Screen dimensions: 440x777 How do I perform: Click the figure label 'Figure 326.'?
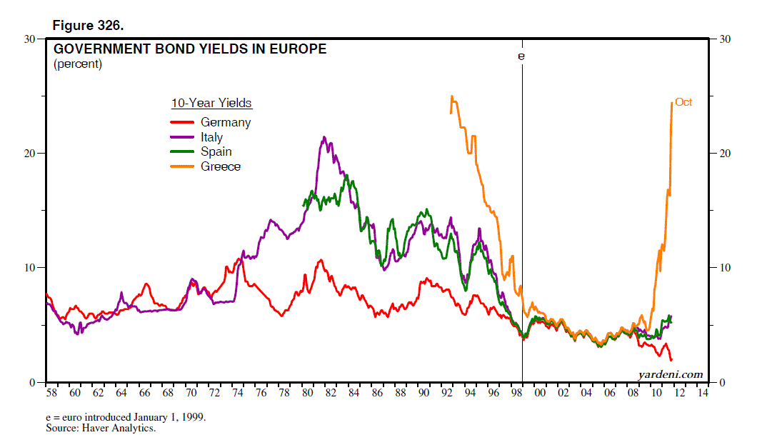[x=89, y=26]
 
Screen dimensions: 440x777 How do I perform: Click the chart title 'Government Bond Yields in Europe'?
[x=190, y=49]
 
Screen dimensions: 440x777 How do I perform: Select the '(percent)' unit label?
[x=78, y=64]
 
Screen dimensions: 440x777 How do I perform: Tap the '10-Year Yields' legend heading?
[x=211, y=104]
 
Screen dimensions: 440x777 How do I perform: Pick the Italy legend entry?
[x=211, y=137]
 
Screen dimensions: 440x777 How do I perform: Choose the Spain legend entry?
[x=216, y=151]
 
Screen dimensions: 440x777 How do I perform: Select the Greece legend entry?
[x=220, y=166]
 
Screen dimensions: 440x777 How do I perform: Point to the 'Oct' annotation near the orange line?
[x=683, y=102]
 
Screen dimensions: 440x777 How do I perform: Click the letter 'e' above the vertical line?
[x=521, y=55]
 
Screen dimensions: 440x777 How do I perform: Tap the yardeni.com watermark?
[x=670, y=374]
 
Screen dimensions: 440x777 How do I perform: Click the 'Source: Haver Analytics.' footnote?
[x=101, y=429]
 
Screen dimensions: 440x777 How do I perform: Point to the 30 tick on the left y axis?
[x=31, y=39]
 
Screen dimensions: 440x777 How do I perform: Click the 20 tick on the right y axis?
[x=724, y=154]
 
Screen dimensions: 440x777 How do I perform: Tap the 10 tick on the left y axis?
[x=31, y=268]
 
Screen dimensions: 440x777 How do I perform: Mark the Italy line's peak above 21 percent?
[x=324, y=137]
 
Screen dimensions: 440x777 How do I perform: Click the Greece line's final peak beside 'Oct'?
[x=672, y=103]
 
